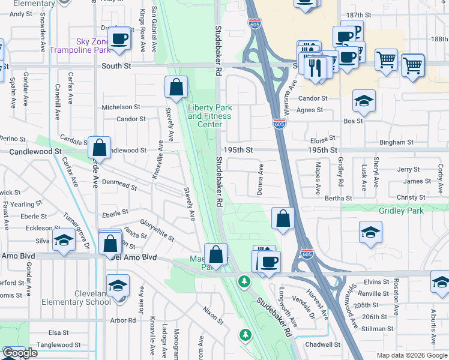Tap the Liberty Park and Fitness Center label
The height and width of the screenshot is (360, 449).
(209, 112)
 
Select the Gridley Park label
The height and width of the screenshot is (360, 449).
(401, 211)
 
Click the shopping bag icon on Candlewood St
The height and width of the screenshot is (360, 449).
(100, 148)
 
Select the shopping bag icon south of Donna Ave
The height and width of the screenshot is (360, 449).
(283, 219)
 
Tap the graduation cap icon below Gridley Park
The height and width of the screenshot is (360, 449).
(371, 232)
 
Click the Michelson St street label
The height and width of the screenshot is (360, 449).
(121, 107)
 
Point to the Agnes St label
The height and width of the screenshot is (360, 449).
(310, 110)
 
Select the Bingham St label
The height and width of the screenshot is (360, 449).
(396, 143)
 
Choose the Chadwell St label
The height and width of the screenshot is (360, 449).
(322, 345)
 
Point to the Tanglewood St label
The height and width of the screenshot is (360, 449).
(59, 345)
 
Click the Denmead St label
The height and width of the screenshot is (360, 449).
(119, 184)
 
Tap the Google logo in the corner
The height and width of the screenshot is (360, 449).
(20, 353)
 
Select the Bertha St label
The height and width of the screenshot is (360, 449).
(338, 198)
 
